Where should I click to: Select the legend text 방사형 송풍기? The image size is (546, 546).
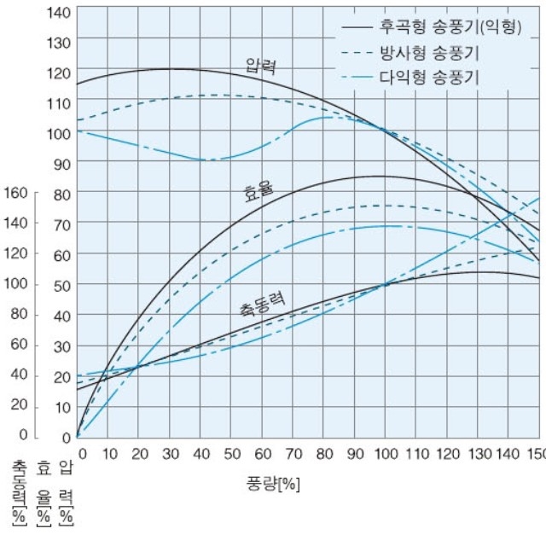coord(429,52)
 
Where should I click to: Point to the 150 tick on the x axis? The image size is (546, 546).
coord(535,452)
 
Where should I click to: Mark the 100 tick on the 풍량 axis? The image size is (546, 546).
coord(386,452)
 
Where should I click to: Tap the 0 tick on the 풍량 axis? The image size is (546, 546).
coord(82,452)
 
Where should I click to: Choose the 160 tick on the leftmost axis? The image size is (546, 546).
coord(17,192)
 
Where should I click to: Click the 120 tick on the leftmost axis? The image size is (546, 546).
coord(17,253)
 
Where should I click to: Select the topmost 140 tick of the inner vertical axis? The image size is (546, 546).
coord(58,13)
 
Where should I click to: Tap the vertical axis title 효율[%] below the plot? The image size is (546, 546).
coord(43,493)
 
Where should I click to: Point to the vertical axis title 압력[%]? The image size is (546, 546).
coord(66,493)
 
